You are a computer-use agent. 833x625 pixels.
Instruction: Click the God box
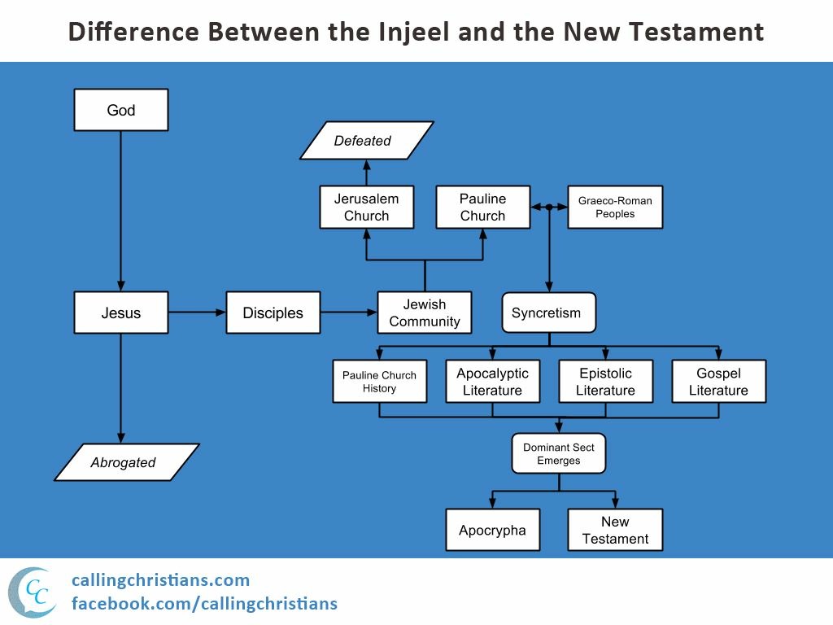121,110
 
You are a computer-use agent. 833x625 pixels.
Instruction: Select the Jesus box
121,312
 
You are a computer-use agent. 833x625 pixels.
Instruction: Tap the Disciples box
273,312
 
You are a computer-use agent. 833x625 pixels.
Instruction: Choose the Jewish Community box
425,312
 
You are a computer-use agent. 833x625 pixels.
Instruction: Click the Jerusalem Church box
366,208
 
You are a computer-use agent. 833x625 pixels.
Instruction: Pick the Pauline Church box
482,208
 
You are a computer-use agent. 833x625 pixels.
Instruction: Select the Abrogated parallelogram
124,462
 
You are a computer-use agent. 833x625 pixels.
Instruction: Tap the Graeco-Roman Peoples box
615,208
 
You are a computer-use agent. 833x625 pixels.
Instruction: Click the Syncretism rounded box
547,312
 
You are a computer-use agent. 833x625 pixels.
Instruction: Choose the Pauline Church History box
379,382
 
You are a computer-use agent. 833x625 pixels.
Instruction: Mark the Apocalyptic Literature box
492,382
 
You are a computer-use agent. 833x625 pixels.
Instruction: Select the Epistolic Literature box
605,382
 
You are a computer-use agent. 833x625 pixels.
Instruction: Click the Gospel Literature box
718,382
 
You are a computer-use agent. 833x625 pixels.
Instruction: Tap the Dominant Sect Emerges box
559,453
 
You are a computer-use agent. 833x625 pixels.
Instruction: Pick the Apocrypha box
492,530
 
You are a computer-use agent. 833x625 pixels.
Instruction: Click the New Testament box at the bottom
615,530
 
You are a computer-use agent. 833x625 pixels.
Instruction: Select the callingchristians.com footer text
160,580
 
